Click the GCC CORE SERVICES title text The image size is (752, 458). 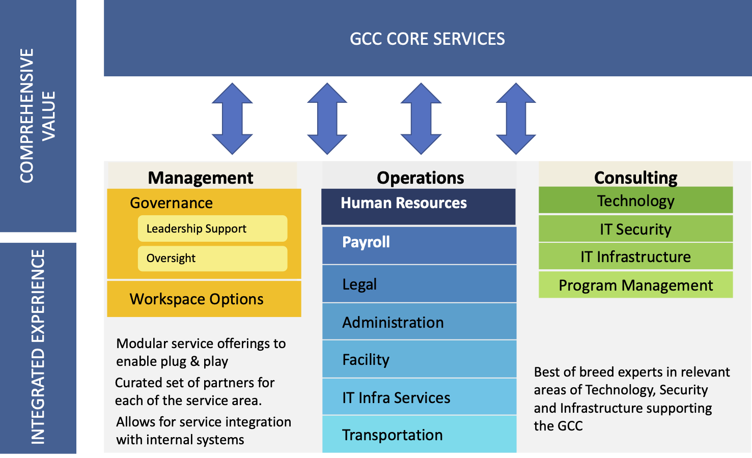click(427, 39)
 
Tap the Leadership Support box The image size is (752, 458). click(212, 228)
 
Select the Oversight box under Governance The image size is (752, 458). click(212, 259)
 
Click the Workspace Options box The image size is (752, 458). click(204, 299)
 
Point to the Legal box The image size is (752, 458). click(419, 284)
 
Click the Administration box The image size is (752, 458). click(419, 322)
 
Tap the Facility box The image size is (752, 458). click(419, 359)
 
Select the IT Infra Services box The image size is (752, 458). click(419, 397)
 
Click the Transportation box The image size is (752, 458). click(419, 435)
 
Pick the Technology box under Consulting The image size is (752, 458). click(635, 201)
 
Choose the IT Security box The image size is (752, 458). click(635, 229)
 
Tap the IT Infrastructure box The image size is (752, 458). click(635, 256)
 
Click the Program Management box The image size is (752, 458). click(635, 285)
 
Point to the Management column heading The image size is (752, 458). click(201, 178)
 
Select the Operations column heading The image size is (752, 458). click(420, 178)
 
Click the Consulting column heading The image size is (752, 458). click(635, 177)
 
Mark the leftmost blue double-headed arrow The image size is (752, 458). click(232, 119)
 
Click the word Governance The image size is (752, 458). click(171, 203)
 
